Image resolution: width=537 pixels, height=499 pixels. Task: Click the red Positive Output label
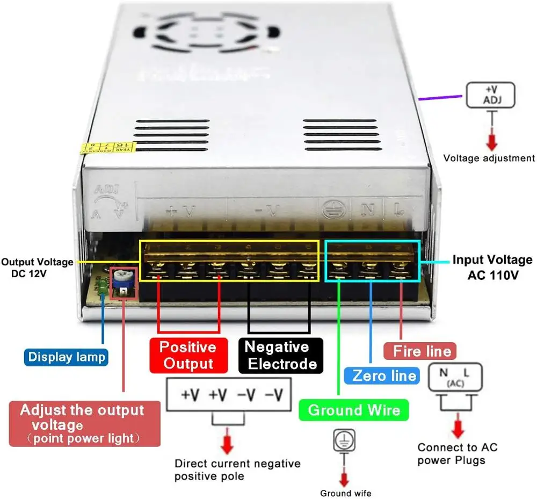click(187, 355)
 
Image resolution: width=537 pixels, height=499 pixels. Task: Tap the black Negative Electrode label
click(280, 355)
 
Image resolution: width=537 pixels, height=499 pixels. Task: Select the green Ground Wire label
click(354, 410)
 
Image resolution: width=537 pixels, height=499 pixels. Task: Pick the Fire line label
click(423, 351)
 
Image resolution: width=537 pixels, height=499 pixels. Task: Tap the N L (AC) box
click(454, 377)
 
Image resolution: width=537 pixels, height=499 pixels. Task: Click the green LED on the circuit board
click(101, 285)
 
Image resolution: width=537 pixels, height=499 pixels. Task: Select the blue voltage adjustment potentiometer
click(120, 277)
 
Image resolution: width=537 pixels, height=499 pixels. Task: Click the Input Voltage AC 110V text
click(492, 267)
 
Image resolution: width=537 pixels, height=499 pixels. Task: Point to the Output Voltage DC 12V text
click(37, 267)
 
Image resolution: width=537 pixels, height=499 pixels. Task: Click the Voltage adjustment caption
click(489, 158)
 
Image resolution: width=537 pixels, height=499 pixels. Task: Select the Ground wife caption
click(345, 493)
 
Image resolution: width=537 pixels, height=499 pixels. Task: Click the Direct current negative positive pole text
click(237, 469)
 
